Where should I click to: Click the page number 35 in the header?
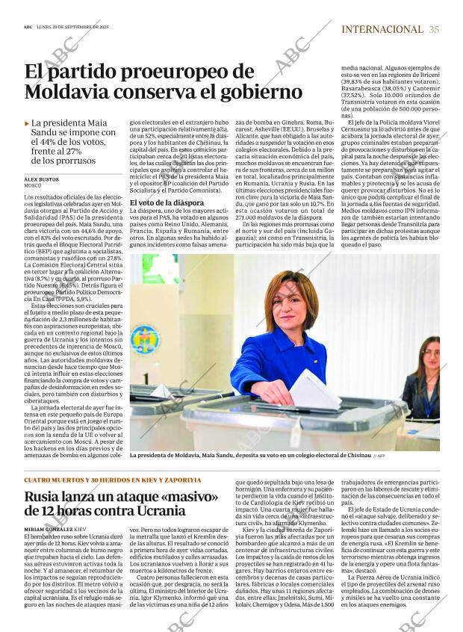tap(434, 29)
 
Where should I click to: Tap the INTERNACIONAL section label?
tap(382, 29)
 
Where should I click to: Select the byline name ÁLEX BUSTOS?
tap(42, 180)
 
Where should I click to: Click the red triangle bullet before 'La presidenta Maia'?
tap(27, 123)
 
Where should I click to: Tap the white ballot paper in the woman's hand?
tap(314, 388)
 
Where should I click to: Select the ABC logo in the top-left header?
tap(28, 28)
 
